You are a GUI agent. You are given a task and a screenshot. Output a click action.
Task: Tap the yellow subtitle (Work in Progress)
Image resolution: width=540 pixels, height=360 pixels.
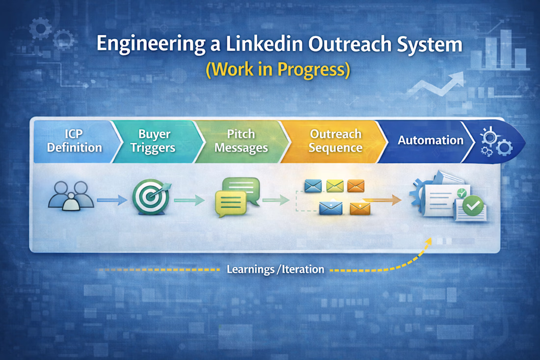278,69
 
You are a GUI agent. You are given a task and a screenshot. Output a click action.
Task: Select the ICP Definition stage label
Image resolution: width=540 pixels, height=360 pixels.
75,140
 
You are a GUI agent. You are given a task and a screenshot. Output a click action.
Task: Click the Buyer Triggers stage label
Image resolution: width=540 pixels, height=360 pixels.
153,140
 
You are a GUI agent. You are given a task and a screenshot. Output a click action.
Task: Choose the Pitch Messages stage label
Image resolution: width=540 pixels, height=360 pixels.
241,140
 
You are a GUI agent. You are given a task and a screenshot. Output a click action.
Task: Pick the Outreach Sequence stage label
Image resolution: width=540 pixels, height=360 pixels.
335,140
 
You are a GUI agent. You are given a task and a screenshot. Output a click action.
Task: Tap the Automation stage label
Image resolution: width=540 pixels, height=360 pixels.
431,140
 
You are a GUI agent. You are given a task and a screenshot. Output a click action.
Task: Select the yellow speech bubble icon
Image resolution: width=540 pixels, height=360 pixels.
231,204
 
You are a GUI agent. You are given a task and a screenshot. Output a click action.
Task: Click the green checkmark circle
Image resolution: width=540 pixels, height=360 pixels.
473,206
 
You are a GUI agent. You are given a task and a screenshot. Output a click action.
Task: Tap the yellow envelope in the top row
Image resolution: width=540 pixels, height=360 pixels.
335,186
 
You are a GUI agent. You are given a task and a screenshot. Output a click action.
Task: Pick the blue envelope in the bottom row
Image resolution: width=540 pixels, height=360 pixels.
330,207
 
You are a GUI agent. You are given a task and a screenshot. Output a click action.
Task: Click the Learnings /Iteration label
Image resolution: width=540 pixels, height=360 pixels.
275,269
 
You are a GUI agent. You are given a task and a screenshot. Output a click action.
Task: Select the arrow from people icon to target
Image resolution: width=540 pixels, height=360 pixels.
112,200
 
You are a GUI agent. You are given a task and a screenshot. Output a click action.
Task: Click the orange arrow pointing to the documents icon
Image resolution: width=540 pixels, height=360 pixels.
382,200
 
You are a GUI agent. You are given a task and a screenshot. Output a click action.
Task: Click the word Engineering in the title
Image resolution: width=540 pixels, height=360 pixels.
151,45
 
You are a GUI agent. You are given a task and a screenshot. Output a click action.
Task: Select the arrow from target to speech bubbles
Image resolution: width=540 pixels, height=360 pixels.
189,200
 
